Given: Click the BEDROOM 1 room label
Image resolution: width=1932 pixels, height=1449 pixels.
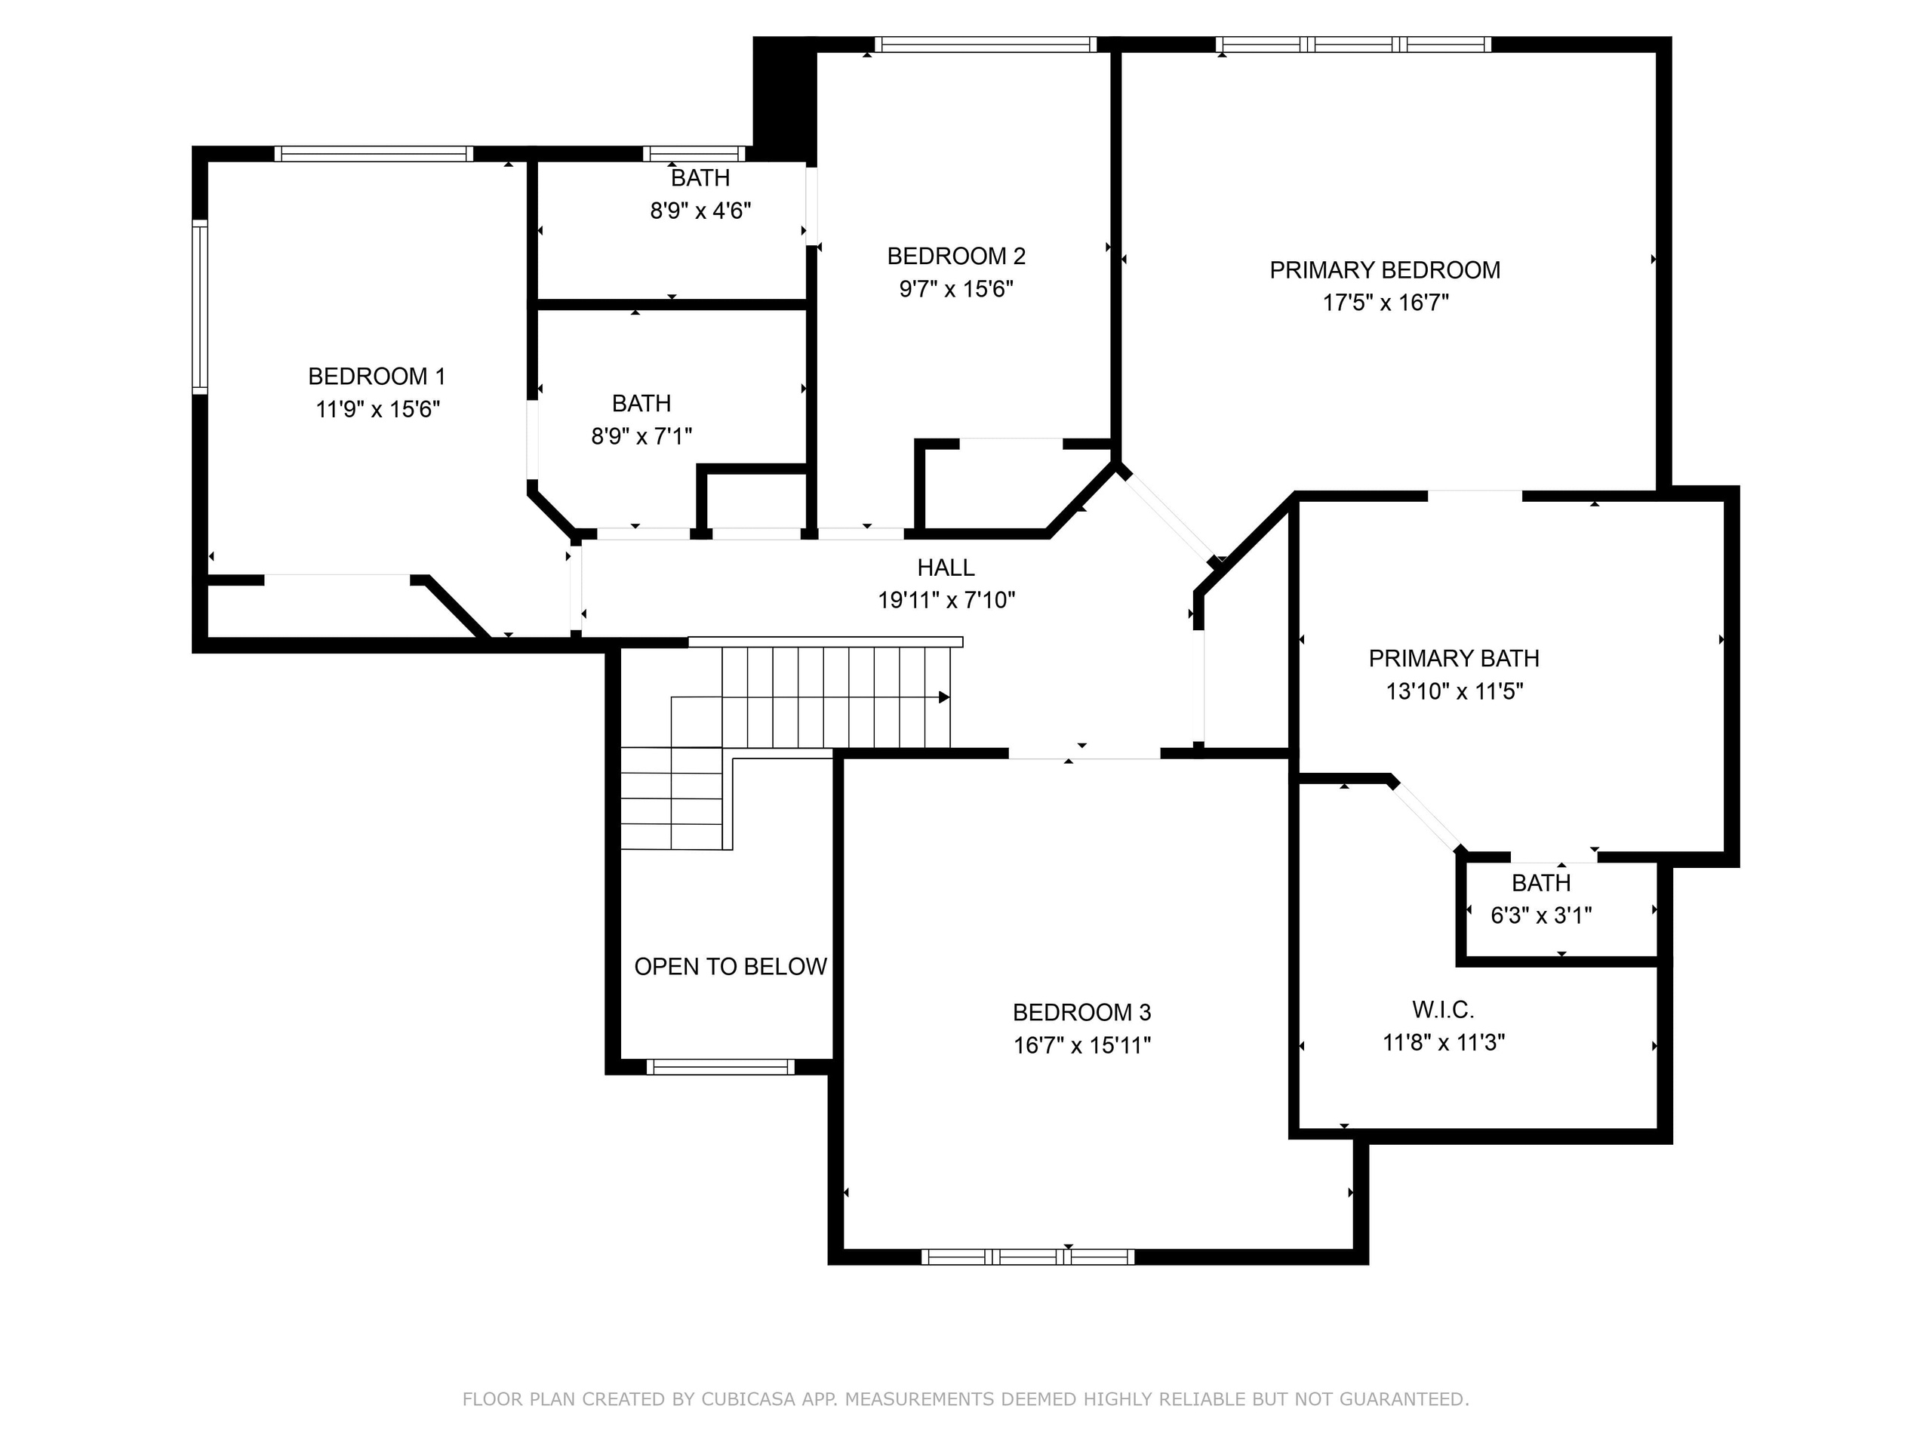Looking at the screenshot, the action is click(377, 377).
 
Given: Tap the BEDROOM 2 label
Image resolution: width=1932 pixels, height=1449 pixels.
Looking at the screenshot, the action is click(956, 256).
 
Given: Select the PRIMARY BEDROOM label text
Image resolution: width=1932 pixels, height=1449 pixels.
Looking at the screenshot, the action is click(1386, 270).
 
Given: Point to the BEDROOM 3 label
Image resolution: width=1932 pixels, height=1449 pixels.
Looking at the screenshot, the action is click(1082, 1012).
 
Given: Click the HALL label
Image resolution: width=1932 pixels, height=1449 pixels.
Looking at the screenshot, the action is click(946, 568).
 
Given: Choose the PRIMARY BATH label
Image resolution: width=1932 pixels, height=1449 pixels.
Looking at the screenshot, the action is click(1454, 659).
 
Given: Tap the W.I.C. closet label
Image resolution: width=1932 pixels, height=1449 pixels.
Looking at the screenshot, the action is click(1443, 1010).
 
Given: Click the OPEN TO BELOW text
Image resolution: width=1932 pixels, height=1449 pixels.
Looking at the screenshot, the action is click(731, 967).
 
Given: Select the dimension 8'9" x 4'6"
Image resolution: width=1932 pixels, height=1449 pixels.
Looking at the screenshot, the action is click(700, 211).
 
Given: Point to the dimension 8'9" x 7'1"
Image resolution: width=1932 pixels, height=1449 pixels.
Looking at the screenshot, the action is click(642, 436).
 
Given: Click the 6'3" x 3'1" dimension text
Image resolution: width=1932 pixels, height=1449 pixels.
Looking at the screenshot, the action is click(1542, 915).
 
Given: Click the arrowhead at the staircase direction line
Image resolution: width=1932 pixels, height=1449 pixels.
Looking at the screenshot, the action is click(944, 697).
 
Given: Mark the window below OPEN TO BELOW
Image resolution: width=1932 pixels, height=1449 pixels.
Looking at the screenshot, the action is click(721, 1066).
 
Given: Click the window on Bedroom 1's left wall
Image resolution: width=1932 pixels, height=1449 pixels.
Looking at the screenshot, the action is click(200, 306).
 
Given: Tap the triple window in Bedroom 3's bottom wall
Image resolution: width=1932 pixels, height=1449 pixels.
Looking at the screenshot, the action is click(1028, 1257).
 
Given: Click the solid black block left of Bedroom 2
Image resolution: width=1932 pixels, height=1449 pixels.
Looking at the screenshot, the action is click(784, 101).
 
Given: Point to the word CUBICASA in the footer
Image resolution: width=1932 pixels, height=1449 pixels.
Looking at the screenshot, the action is click(749, 1400).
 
